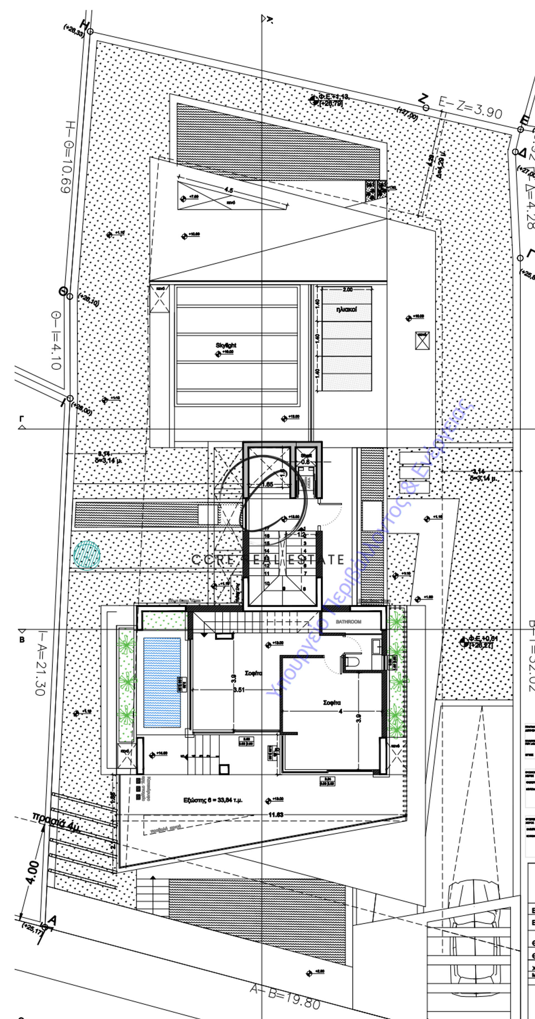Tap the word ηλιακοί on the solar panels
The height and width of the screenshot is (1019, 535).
[346, 309]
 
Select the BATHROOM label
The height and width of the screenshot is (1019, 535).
[348, 622]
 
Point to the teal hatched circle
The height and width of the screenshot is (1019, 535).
[87, 555]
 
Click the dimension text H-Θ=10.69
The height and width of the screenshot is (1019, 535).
[66, 157]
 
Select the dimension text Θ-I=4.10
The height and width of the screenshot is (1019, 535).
[56, 340]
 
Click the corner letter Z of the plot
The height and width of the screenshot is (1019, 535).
[423, 98]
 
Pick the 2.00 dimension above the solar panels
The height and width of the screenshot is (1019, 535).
[347, 290]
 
